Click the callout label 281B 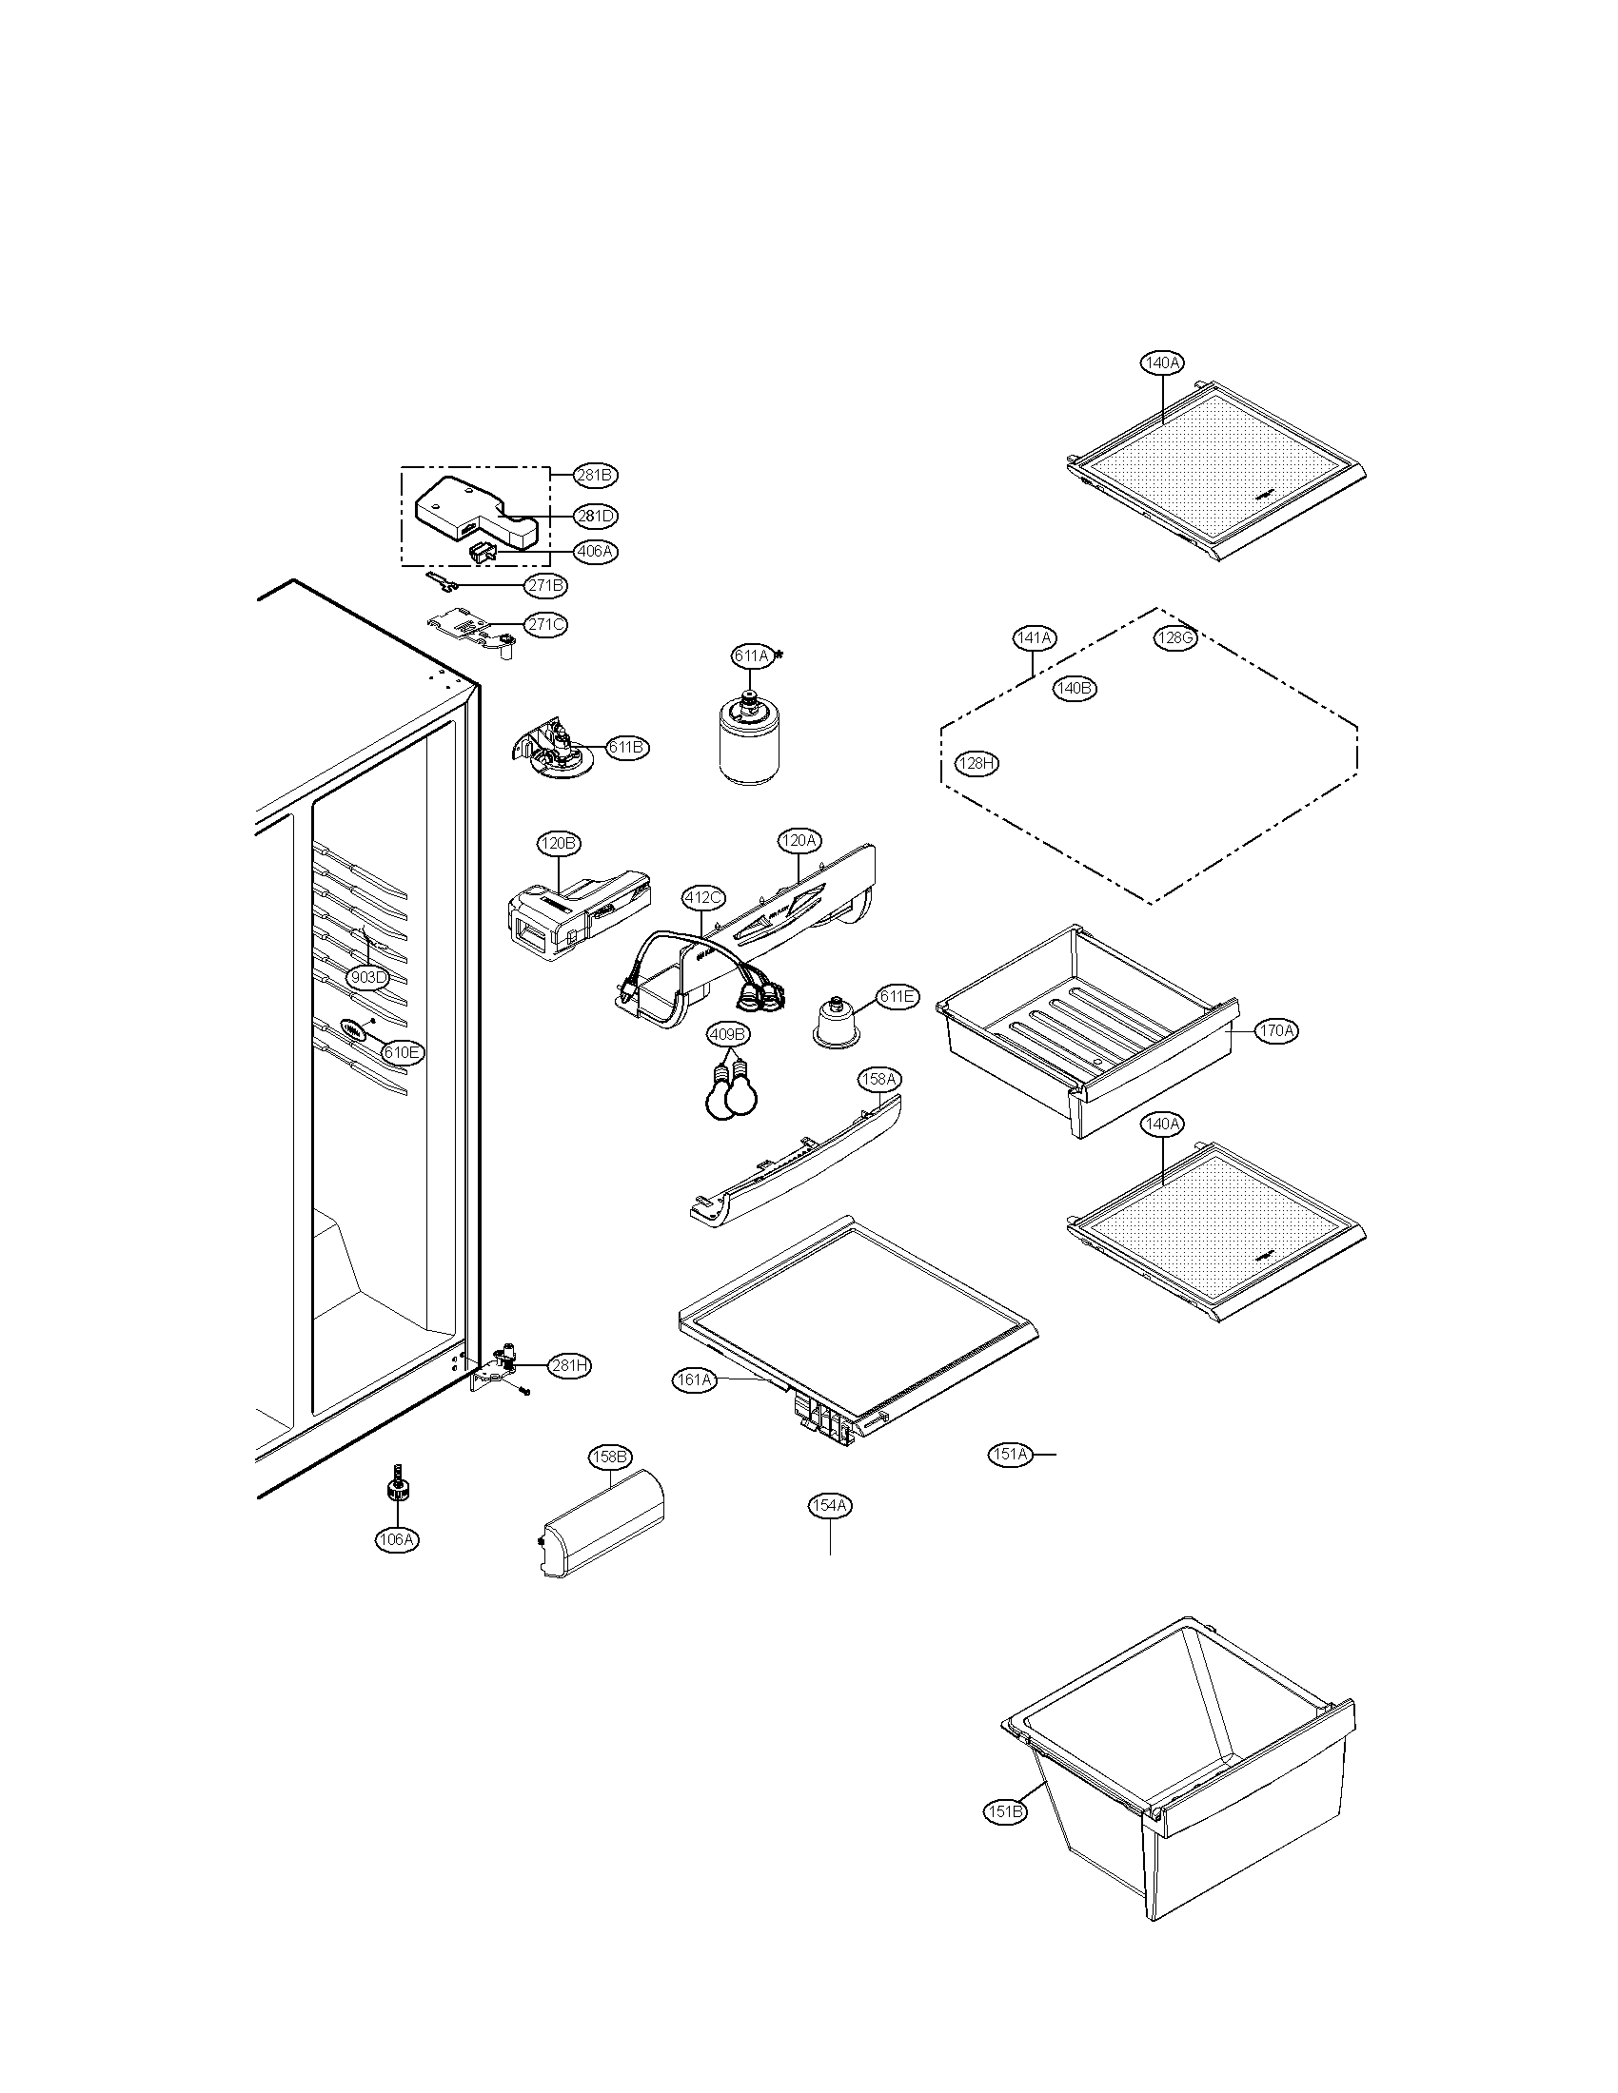coord(595,475)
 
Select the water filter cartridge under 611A coord(751,742)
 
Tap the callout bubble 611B coord(628,747)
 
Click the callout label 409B coord(728,1034)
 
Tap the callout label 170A coord(1276,1030)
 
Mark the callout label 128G coord(1175,639)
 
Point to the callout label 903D coord(368,977)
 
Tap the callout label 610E coord(402,1051)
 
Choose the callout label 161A coord(694,1380)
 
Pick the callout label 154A coord(829,1506)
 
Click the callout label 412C coord(703,898)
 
